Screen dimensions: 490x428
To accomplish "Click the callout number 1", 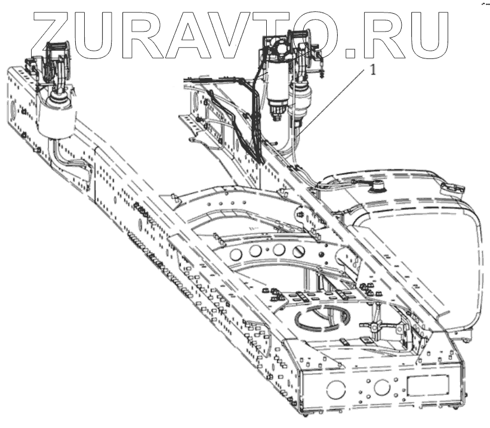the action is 374,70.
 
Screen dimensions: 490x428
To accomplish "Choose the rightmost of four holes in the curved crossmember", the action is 299,251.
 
